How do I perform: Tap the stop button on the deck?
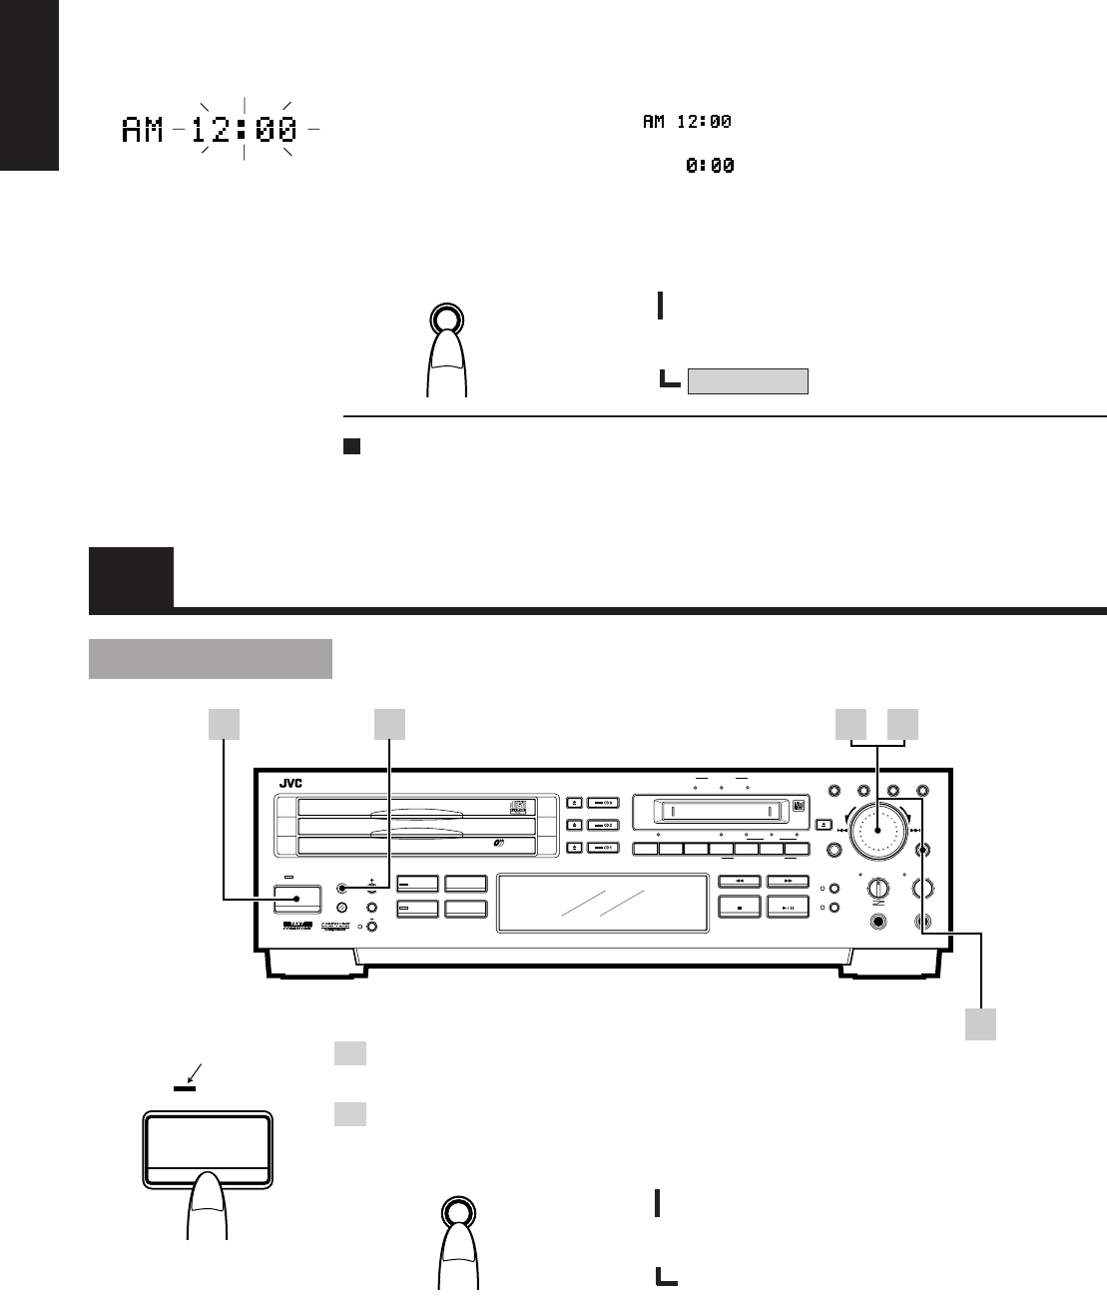pos(740,908)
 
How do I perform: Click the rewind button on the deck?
pos(740,881)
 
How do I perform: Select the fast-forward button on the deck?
pos(789,881)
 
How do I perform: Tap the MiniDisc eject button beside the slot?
pos(824,825)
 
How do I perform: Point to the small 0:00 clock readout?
pos(710,167)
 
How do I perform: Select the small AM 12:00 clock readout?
pos(687,122)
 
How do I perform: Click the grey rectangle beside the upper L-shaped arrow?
pos(748,380)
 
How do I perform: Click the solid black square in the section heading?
pos(131,578)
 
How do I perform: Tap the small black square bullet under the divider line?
pos(350,446)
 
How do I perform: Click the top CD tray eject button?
pos(575,802)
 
